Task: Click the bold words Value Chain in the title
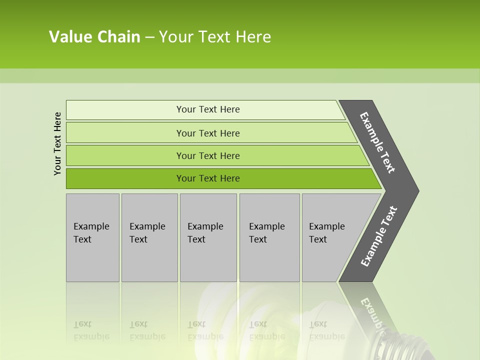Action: [x=94, y=37]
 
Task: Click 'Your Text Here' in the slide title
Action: [x=215, y=37]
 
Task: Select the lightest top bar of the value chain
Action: [x=125, y=110]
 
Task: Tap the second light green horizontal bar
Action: [x=125, y=133]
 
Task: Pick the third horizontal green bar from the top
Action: [x=125, y=156]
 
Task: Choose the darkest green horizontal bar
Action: [x=125, y=178]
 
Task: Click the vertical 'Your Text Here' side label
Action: [x=57, y=144]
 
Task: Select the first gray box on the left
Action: [x=92, y=237]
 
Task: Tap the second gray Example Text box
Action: [x=149, y=237]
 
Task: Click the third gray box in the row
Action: [x=208, y=237]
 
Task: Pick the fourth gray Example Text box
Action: [x=269, y=237]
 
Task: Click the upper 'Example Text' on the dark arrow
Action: [x=377, y=142]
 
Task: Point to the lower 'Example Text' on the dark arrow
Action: [x=379, y=236]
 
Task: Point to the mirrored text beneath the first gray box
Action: [x=91, y=330]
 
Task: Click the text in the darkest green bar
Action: [x=208, y=178]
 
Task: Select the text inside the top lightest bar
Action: [x=208, y=109]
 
